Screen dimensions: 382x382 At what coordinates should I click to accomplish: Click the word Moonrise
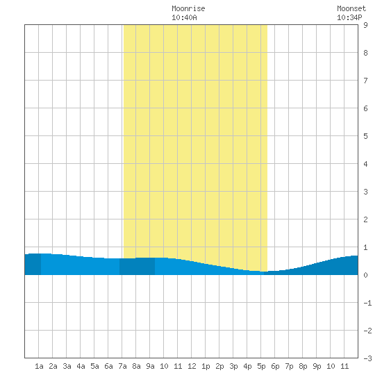[188, 8]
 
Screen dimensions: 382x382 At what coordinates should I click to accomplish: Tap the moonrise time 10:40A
[184, 17]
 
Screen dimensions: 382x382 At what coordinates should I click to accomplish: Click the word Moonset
[351, 8]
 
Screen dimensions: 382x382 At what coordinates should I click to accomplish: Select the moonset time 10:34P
[349, 17]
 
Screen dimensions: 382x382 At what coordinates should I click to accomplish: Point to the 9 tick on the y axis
[365, 25]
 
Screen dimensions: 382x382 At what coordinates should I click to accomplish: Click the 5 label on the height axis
[365, 136]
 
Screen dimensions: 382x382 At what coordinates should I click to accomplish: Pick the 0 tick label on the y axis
[365, 275]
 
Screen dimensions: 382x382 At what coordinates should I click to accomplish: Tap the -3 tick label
[367, 358]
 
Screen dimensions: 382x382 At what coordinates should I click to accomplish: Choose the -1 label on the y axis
[367, 303]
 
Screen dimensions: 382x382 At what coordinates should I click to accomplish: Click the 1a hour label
[39, 366]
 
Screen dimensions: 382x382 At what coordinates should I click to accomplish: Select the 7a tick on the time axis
[122, 366]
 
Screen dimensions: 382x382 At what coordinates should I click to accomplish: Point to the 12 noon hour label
[192, 366]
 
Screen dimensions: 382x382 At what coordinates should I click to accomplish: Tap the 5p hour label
[261, 366]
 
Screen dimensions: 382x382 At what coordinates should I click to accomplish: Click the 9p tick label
[317, 366]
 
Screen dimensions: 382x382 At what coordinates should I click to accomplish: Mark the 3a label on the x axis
[67, 366]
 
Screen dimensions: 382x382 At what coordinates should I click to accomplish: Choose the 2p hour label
[219, 366]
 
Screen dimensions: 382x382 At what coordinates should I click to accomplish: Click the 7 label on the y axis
[365, 81]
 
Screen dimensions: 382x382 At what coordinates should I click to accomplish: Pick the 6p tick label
[275, 366]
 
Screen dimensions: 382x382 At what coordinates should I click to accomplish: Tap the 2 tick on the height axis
[365, 219]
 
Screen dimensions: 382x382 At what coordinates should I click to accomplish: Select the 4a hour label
[81, 366]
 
